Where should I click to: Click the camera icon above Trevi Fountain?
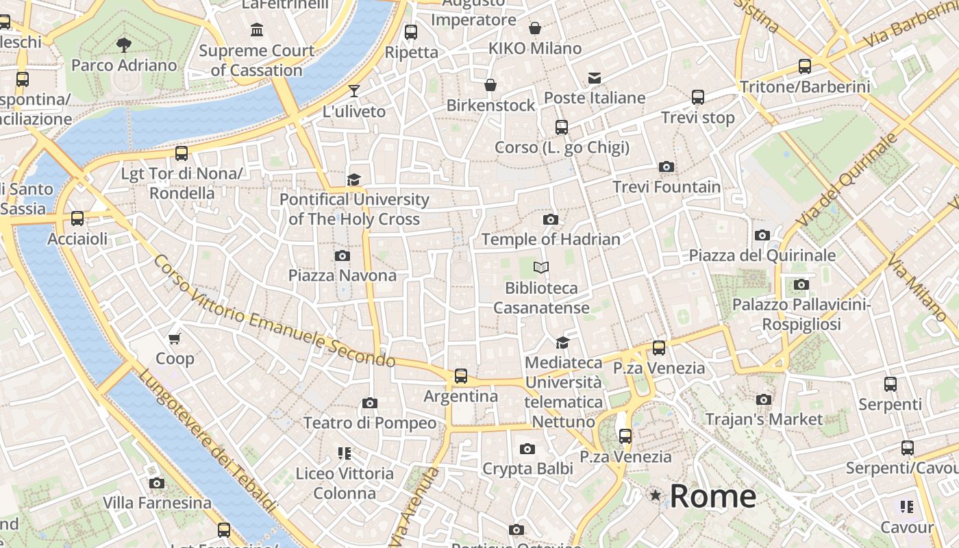(x=666, y=166)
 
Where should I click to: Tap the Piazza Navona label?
(x=342, y=275)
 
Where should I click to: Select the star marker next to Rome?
(x=656, y=495)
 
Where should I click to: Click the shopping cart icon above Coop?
(x=175, y=338)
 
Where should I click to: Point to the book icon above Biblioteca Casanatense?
(x=541, y=267)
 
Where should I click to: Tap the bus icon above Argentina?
(x=461, y=375)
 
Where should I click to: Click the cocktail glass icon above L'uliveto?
(x=353, y=91)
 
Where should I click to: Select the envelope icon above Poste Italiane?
(x=594, y=78)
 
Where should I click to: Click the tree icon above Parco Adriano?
(x=124, y=46)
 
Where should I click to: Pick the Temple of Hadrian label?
(x=551, y=239)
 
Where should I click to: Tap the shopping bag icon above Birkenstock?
(x=490, y=85)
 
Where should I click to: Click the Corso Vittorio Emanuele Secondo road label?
(x=274, y=312)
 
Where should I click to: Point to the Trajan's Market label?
(x=764, y=419)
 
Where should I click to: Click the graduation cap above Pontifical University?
(x=353, y=179)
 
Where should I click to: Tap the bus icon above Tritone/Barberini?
(x=805, y=66)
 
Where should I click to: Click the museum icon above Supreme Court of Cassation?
(x=257, y=30)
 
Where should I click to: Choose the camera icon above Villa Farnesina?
(x=157, y=483)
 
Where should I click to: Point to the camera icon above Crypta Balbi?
(x=527, y=449)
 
